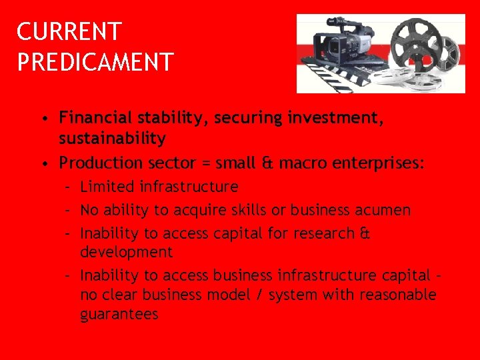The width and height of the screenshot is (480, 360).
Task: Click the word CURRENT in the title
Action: pyautogui.click(x=69, y=31)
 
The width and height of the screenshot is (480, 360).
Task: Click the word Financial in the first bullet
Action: pyautogui.click(x=94, y=118)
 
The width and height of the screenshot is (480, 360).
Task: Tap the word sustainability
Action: pyautogui.click(x=112, y=139)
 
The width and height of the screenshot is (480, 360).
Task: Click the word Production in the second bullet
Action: pyautogui.click(x=101, y=163)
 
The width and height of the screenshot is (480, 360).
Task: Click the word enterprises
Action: pyautogui.click(x=381, y=163)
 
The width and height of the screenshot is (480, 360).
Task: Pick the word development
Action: pyautogui.click(x=126, y=252)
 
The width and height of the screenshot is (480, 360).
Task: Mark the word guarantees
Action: pyautogui.click(x=119, y=314)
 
